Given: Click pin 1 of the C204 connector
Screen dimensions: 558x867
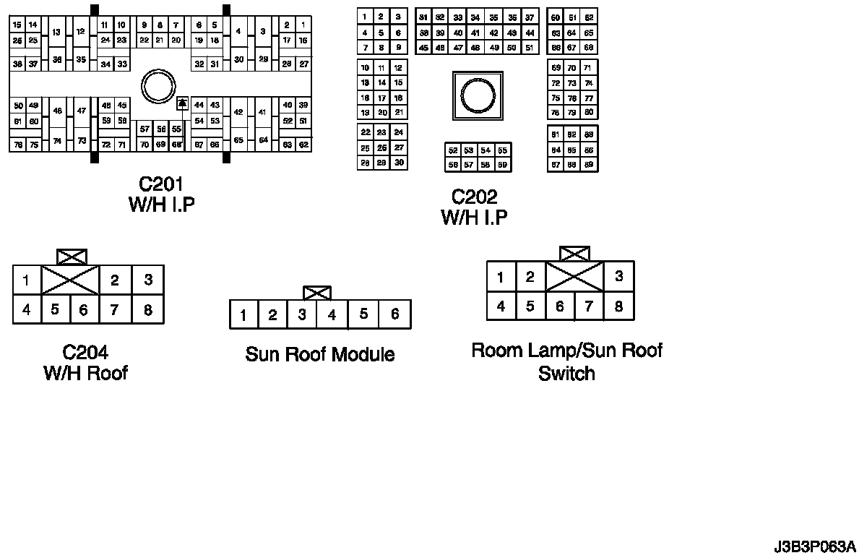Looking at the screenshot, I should point(26,280).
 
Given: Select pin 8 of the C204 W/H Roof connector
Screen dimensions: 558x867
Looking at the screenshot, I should point(148,310).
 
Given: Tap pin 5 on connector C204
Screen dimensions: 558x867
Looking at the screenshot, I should point(55,310).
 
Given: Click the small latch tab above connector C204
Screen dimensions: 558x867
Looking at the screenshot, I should point(72,257).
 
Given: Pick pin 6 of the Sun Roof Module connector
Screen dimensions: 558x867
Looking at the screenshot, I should point(394,314).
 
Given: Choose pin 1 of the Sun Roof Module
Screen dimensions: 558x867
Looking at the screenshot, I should point(244,314).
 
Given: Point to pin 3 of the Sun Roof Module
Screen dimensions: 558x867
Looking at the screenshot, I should point(303,314).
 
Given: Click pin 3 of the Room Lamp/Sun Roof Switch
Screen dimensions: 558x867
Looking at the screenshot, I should point(618,276).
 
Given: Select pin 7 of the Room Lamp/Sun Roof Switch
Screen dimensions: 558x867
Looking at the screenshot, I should point(589,306).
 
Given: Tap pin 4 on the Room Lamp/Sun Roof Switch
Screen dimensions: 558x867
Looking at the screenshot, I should point(501,306).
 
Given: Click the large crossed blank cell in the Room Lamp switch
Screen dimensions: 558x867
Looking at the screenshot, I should point(574,276).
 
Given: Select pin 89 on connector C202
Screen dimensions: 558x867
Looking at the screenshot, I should point(589,164).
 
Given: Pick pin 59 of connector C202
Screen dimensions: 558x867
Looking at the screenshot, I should point(502,165).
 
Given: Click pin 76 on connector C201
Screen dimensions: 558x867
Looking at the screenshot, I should point(17,145).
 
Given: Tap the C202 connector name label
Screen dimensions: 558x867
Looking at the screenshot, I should point(474,197).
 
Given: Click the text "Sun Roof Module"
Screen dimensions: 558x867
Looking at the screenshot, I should point(320,354).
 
